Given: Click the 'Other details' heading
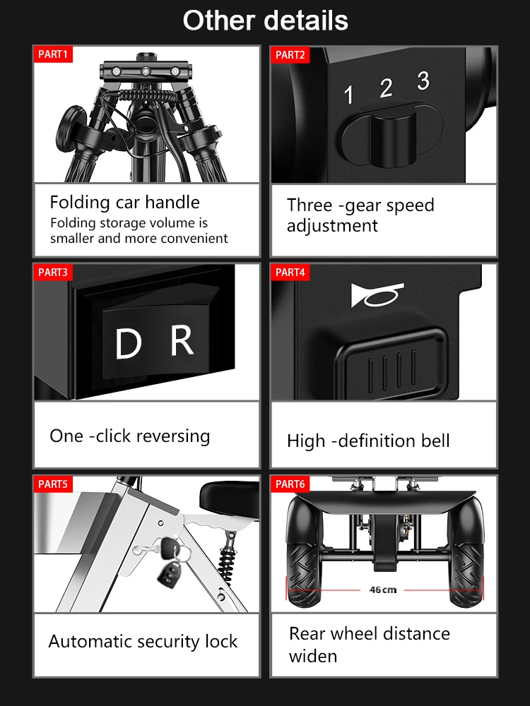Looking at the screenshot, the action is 266,20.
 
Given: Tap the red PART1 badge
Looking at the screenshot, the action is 53,54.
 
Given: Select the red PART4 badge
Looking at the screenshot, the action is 290,272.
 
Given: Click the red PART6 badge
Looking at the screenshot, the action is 290,484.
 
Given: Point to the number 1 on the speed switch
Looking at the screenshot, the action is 348,95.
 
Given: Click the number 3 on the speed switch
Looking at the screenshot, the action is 423,81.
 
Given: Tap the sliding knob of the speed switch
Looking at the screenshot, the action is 393,138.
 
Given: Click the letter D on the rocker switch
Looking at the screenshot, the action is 129,343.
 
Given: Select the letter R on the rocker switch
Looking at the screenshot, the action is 182,340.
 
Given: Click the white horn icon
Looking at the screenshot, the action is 377,295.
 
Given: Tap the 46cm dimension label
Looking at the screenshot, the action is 382,590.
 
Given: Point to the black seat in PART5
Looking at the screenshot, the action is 230,499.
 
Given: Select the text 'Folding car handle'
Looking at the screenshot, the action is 125,202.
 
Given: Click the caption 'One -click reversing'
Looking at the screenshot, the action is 130,436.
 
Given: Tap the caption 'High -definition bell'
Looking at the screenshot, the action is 368,441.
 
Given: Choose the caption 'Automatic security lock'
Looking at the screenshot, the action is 143,641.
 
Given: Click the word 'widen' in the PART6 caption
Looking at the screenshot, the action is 313,656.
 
